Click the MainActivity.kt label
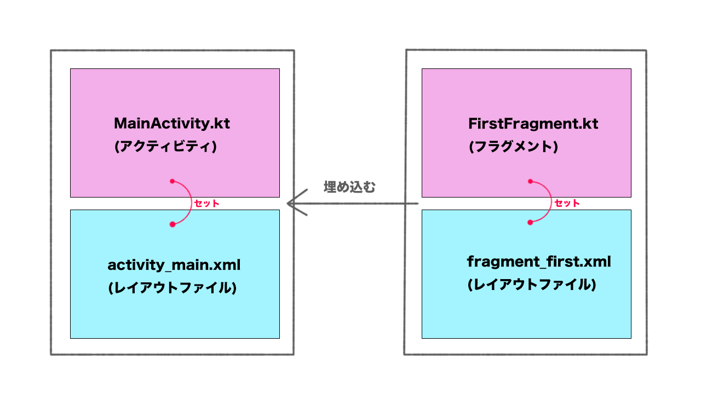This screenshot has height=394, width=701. click(x=172, y=124)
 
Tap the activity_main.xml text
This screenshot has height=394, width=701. click(x=174, y=265)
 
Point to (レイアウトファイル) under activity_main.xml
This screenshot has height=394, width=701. click(x=173, y=288)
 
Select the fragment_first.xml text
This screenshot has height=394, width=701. click(x=539, y=262)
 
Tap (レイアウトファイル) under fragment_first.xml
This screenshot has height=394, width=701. click(x=531, y=285)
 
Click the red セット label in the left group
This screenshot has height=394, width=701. click(x=206, y=204)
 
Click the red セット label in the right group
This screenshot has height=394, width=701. click(x=567, y=203)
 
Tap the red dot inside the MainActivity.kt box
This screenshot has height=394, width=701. click(x=172, y=181)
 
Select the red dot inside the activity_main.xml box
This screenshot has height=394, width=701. click(x=172, y=224)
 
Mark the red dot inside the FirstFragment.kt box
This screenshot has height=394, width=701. click(x=530, y=181)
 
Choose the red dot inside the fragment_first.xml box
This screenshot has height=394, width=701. click(x=530, y=222)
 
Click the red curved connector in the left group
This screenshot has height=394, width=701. click(x=190, y=202)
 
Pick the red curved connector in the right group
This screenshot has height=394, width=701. click(x=550, y=202)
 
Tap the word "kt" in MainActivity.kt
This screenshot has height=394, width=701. click(x=223, y=124)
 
